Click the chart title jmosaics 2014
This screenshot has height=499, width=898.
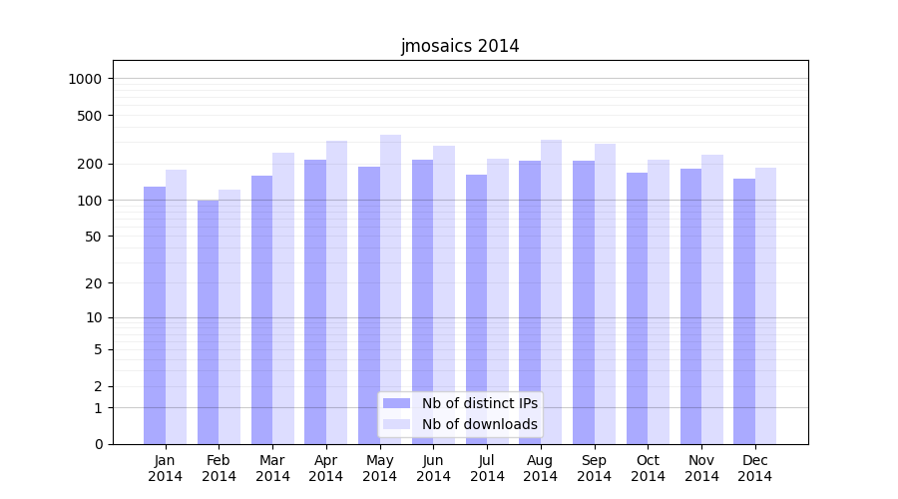pyautogui.click(x=460, y=46)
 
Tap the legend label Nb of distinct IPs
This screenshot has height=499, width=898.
pyautogui.click(x=479, y=403)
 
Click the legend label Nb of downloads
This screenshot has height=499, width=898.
pyautogui.click(x=479, y=424)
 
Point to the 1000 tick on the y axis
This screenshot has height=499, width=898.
pyautogui.click(x=87, y=79)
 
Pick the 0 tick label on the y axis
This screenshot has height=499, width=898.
pyautogui.click(x=99, y=444)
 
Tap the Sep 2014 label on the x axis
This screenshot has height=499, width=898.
pyautogui.click(x=594, y=468)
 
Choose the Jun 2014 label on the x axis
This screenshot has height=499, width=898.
pyautogui.click(x=433, y=468)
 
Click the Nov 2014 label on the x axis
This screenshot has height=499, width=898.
pyautogui.click(x=701, y=468)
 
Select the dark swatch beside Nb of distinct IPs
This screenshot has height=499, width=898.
pyautogui.click(x=397, y=403)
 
